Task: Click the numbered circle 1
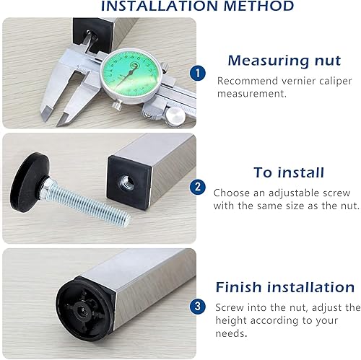pyautogui.click(x=198, y=73)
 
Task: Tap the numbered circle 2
pyautogui.click(x=198, y=187)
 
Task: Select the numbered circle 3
pyautogui.click(x=198, y=307)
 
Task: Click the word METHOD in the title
pyautogui.click(x=258, y=6)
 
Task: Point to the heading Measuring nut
pyautogui.click(x=284, y=61)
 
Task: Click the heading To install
pyautogui.click(x=289, y=172)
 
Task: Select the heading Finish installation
pyautogui.click(x=285, y=287)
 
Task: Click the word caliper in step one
pyautogui.click(x=336, y=82)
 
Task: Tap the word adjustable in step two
pyautogui.click(x=294, y=193)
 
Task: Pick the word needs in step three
pyautogui.click(x=230, y=333)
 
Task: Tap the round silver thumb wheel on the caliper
pyautogui.click(x=176, y=115)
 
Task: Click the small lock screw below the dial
pyautogui.click(x=118, y=105)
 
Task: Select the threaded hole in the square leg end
pyautogui.click(x=125, y=183)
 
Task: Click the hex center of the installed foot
pyautogui.click(x=80, y=308)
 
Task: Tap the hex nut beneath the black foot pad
pyautogui.click(x=47, y=186)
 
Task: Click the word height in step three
pyautogui.click(x=230, y=321)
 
